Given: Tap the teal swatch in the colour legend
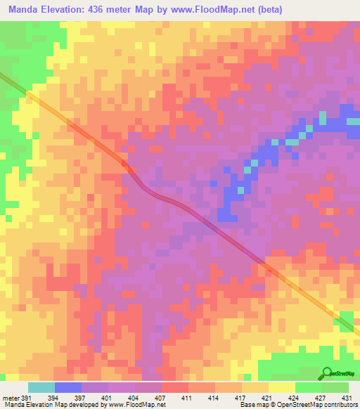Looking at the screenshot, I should (41, 387).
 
